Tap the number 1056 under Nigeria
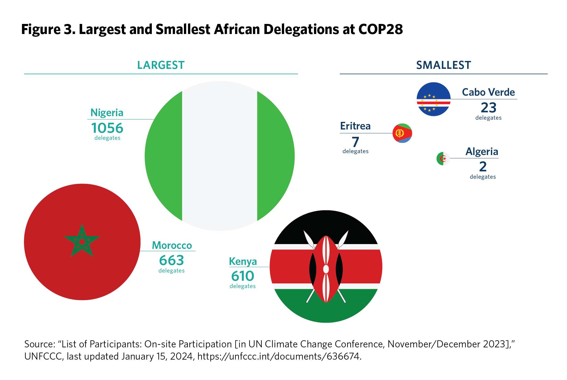107,128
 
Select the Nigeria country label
107,113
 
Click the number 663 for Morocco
171,260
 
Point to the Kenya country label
243,261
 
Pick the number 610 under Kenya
242,276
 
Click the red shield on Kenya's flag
326,269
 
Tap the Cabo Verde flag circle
433,99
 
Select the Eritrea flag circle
402,133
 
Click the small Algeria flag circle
443,159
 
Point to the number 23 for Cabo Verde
488,108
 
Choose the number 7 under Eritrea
355,142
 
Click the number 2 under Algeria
483,166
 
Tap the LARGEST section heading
161,65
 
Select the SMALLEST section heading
443,65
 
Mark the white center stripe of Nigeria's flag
219,156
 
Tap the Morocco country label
172,245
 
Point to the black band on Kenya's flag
326,226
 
